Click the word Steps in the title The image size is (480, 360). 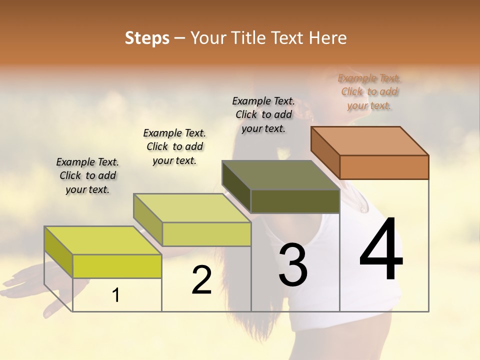coord(147,38)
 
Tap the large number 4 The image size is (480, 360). coord(381,250)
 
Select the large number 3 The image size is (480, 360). coord(293,264)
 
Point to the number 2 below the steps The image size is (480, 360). coord(201,280)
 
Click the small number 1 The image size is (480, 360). coord(116,295)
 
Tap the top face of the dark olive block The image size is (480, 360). coord(281,175)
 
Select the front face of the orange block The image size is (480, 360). coord(384,167)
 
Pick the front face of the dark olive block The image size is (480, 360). coord(295,201)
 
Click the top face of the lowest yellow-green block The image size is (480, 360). coord(103,240)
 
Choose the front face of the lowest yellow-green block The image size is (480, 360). coord(117,266)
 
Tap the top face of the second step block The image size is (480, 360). coord(192,208)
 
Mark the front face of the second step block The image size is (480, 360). coord(206,234)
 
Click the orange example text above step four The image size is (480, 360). coord(369,91)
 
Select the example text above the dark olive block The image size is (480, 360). coord(263,114)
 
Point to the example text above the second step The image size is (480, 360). coord(174,146)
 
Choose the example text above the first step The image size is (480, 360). coord(87,175)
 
